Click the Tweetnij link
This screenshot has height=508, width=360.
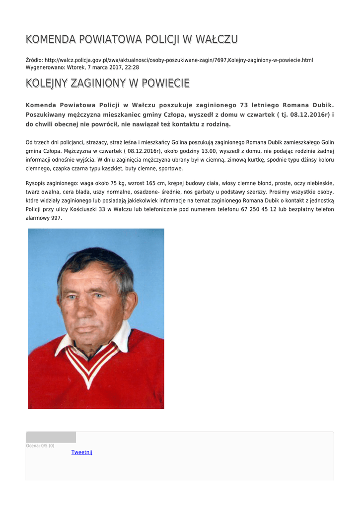pos(81,452)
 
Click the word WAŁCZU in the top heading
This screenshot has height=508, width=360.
pos(217,39)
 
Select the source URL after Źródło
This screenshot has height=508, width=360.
pos(179,60)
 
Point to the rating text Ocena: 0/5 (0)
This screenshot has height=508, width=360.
pos(40,445)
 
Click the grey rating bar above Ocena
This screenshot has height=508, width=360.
pos(51,437)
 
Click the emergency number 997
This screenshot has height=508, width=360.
pos(57,218)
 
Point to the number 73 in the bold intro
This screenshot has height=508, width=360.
pos(244,105)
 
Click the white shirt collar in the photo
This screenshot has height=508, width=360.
pos(121,337)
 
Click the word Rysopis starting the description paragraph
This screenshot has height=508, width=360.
pos(38,183)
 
